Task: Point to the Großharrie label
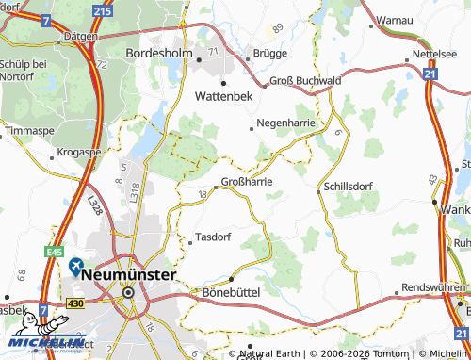(x=247, y=181)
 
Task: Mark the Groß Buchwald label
(x=305, y=81)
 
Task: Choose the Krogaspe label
(x=79, y=151)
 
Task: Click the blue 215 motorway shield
(x=103, y=9)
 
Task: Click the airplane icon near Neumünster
(x=75, y=268)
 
